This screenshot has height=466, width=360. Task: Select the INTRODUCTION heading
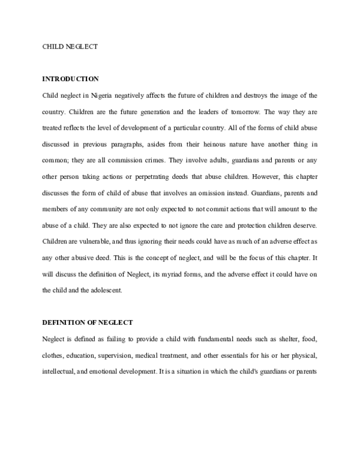[x=70, y=79]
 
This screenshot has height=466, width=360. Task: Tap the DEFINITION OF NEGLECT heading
[x=88, y=322]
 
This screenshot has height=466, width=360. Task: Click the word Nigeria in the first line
[x=101, y=95]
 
